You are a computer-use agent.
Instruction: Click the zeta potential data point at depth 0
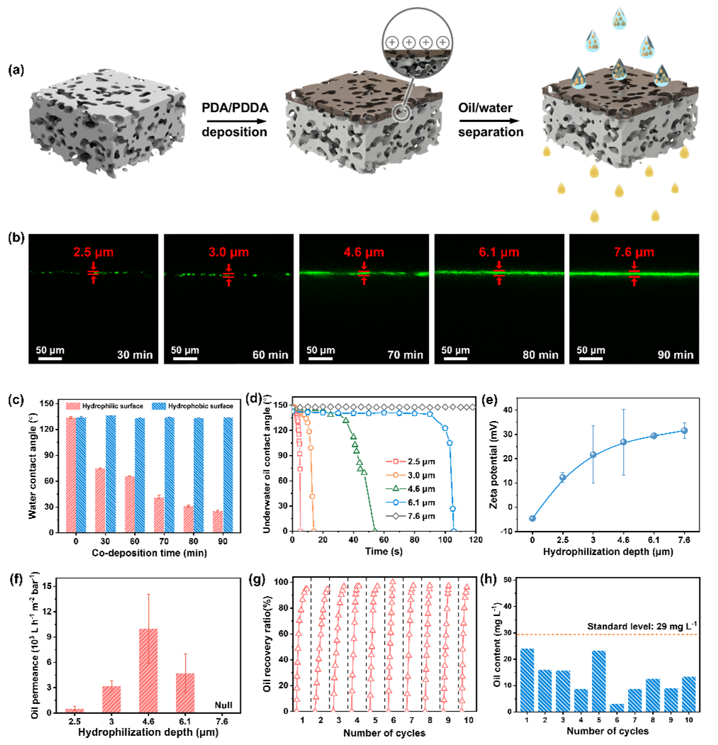(x=532, y=518)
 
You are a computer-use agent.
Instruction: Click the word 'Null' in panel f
(x=225, y=705)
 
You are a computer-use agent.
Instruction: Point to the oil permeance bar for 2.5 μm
(x=74, y=710)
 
